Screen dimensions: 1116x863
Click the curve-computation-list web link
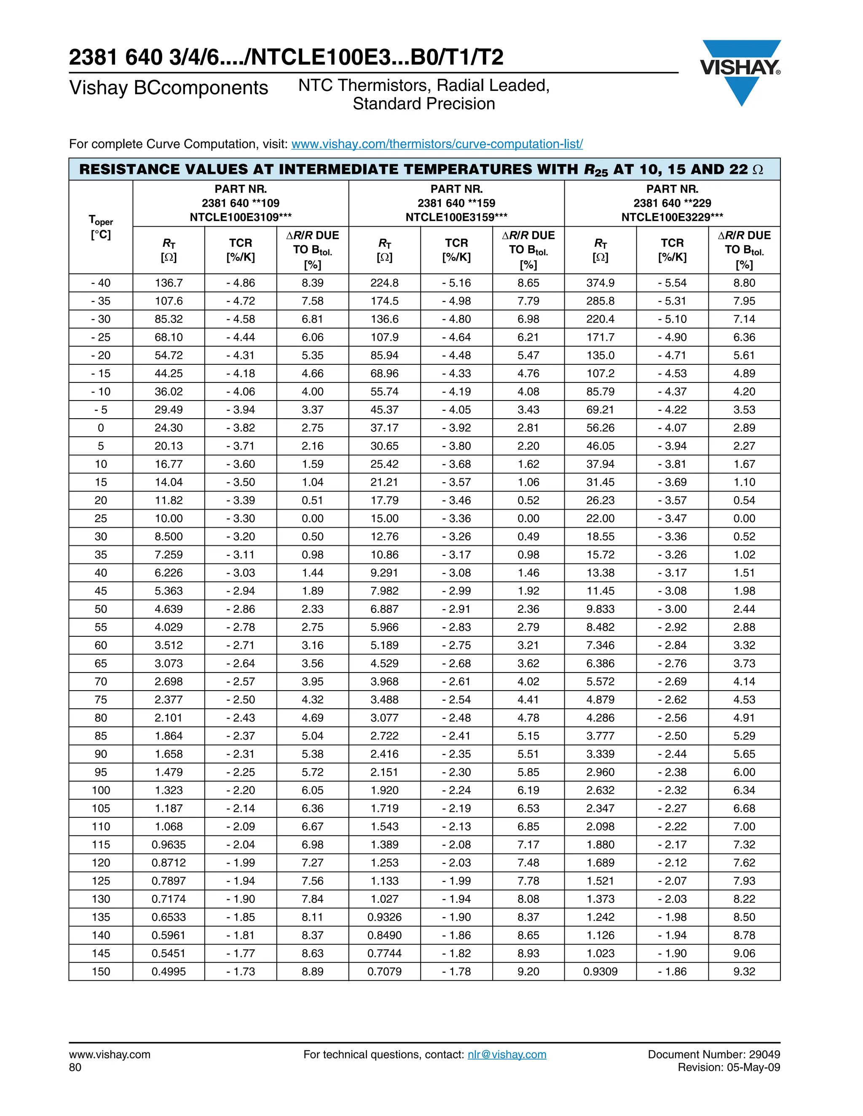(437, 144)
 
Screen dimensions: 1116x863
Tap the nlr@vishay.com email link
(507, 1054)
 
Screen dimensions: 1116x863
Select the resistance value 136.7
(169, 283)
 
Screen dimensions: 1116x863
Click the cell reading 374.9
(600, 283)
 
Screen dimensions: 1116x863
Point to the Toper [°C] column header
(101, 227)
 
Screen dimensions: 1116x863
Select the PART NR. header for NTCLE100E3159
(456, 203)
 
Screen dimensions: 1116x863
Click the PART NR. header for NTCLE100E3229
(672, 203)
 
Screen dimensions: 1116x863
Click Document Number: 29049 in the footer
(714, 1054)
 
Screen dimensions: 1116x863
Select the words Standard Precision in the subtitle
(424, 104)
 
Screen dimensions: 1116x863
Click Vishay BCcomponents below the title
(169, 88)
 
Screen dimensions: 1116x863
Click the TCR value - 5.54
(672, 283)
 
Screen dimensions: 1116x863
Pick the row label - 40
(101, 283)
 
